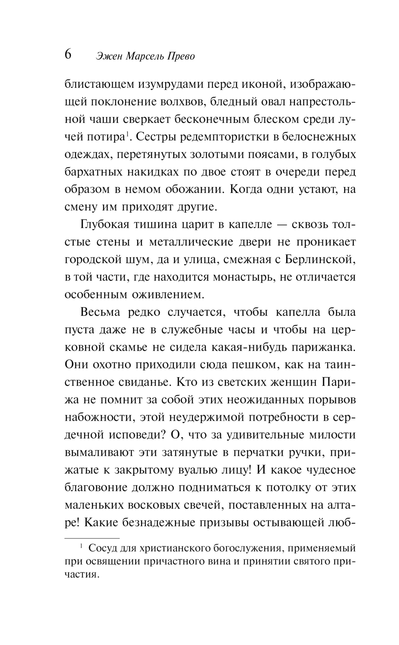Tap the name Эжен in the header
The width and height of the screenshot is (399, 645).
pyautogui.click(x=109, y=56)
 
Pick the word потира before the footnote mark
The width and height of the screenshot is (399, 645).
pyautogui.click(x=105, y=137)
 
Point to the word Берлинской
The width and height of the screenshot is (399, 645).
pyautogui.click(x=319, y=260)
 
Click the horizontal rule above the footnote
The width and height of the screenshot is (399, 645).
pyautogui.click(x=92, y=538)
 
